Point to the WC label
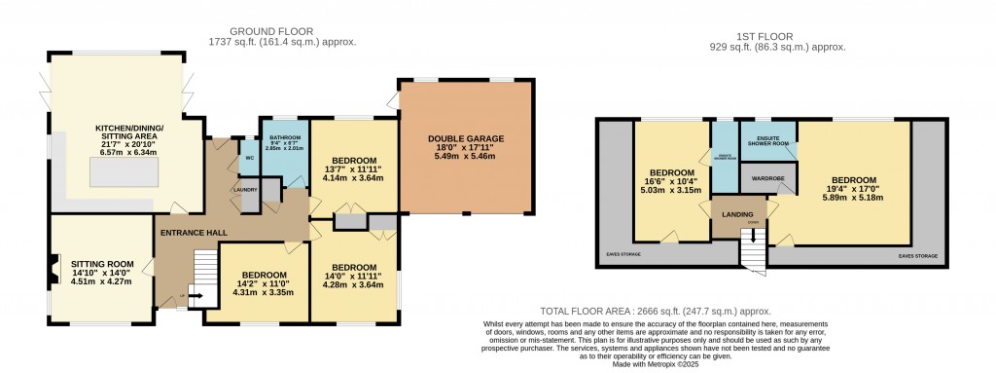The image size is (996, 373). coord(249,157)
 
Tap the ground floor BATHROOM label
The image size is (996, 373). coord(284,138)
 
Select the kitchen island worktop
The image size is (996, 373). coord(124,173)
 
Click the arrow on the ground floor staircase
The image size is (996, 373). coord(194,297)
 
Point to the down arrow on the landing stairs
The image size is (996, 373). coord(753,236)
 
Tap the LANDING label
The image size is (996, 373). coord(740,214)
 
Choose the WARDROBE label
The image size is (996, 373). coord(768,178)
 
